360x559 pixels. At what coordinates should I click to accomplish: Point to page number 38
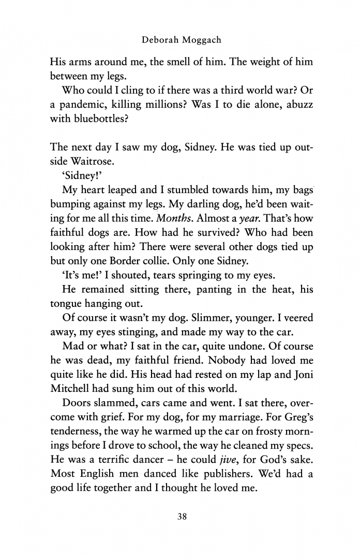(x=181, y=519)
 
